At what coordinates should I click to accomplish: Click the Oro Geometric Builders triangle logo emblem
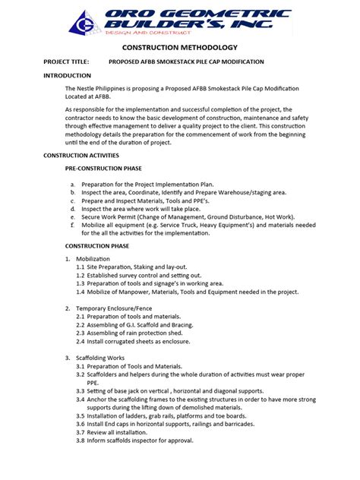[x=86, y=23]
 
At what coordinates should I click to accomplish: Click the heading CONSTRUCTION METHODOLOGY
[x=179, y=48]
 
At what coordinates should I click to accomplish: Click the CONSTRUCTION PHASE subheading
[x=96, y=246]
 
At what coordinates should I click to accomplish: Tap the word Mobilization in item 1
[x=93, y=259]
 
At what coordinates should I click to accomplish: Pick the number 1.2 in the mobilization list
[x=81, y=275]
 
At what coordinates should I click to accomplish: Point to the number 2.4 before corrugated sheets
[x=81, y=340]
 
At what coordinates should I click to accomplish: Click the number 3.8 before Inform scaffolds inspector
[x=81, y=441]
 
